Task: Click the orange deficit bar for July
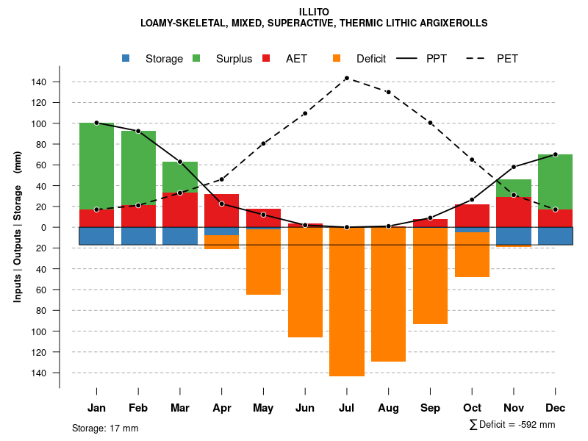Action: pos(346,301)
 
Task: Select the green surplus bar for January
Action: pos(96,166)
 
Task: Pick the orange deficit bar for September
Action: pos(430,276)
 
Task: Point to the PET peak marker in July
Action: pos(346,78)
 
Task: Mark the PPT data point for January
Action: pos(96,123)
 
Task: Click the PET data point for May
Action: pos(263,143)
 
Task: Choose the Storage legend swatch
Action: pos(126,58)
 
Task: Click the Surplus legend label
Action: pos(234,59)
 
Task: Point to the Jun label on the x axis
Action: pos(305,408)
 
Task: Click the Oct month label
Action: pos(472,408)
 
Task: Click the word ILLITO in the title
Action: pos(314,12)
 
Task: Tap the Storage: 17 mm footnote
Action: pos(105,428)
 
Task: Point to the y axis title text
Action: pos(18,227)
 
